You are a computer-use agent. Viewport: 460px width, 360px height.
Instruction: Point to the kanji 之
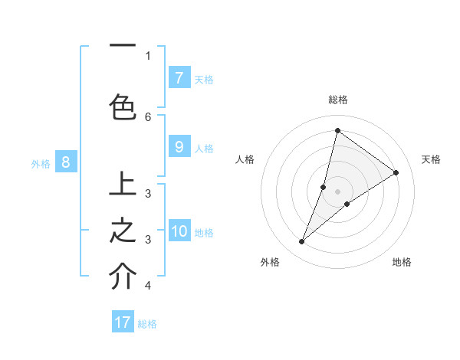coord(123,231)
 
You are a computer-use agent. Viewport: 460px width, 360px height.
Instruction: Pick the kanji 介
coord(123,277)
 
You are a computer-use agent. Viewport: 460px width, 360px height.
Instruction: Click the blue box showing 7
coord(179,77)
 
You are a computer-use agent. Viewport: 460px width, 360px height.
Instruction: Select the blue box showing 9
coord(179,147)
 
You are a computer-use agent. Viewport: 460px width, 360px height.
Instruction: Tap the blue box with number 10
coord(179,231)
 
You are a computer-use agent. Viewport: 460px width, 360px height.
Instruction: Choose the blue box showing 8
coord(66,162)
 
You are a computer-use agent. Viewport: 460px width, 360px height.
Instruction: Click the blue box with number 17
coord(123,322)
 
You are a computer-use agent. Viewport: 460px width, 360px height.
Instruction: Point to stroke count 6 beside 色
coord(148,116)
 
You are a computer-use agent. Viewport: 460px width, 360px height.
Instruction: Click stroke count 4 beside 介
coord(148,286)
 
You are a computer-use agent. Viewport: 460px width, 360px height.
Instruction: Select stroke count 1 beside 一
coord(148,55)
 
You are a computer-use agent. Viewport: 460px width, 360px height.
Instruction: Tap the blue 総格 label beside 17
coord(147,324)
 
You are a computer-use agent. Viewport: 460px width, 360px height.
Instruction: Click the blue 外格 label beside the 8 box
coord(41,163)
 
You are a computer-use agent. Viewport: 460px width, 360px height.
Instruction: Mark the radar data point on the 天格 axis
coord(396,172)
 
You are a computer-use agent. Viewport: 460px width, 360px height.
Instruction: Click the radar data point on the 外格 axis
coord(301,242)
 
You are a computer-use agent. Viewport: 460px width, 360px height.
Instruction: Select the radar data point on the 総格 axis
coord(337,130)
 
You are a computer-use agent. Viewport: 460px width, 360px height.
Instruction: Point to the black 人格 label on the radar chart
coord(245,159)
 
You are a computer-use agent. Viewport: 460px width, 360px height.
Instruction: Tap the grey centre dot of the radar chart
coord(337,191)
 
